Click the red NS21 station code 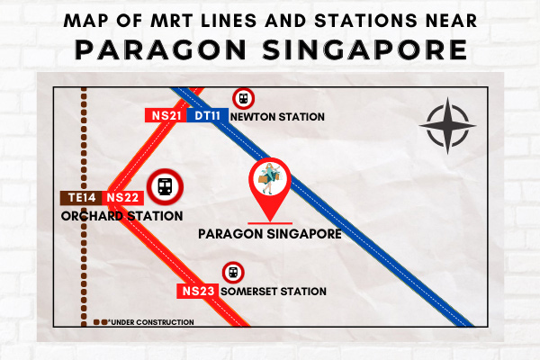(x=166, y=115)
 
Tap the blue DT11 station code (x=207, y=115)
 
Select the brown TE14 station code (x=81, y=198)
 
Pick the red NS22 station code (x=122, y=198)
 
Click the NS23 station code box (x=198, y=291)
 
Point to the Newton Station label (x=277, y=117)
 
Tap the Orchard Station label (x=121, y=216)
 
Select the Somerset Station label (x=274, y=292)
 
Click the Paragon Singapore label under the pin (x=270, y=234)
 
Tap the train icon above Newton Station (x=244, y=99)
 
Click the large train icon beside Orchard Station (x=165, y=187)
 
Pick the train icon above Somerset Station (x=233, y=273)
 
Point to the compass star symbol (x=447, y=126)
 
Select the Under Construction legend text (x=151, y=322)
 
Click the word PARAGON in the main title (x=160, y=50)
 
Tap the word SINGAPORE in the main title (x=364, y=50)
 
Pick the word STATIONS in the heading (x=365, y=21)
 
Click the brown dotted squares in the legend (x=100, y=322)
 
